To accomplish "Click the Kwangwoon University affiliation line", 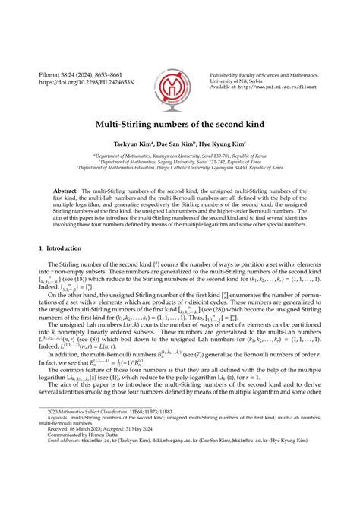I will [x=179, y=153].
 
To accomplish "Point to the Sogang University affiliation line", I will [x=179, y=160].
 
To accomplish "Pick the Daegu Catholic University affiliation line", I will [x=179, y=166].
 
